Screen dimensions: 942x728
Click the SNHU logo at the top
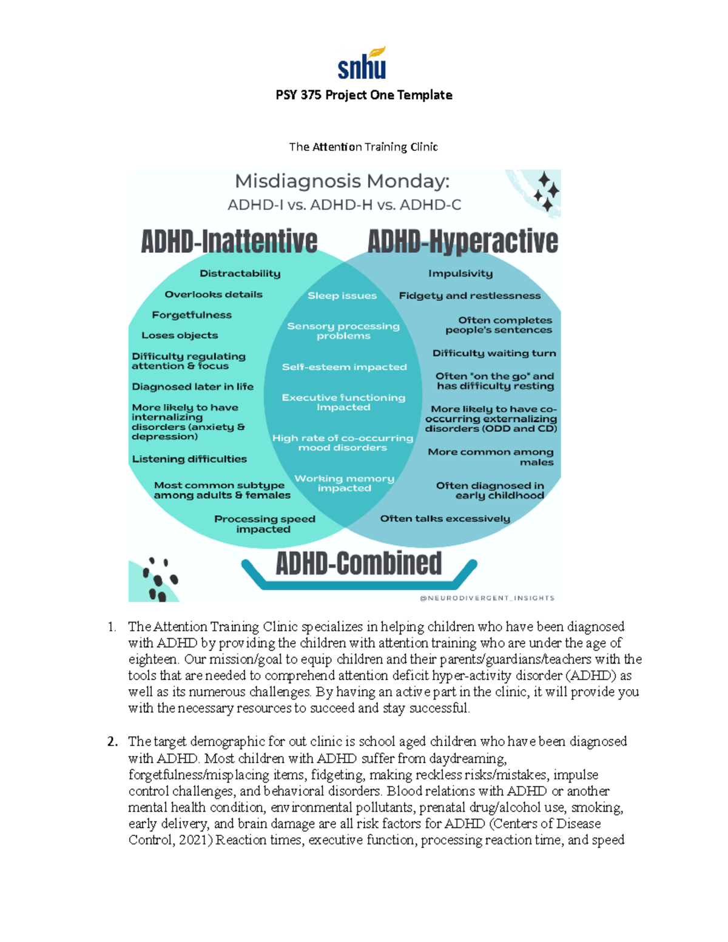[362, 64]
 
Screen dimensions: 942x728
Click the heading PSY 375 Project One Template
[364, 95]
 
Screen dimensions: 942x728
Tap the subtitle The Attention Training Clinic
[363, 147]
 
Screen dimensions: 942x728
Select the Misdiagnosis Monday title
[342, 181]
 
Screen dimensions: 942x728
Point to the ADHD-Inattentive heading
[229, 241]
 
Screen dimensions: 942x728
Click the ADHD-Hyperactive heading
[463, 241]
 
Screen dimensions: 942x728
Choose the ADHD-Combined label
[359, 564]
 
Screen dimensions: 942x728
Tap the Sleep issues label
[342, 296]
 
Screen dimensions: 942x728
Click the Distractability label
[240, 274]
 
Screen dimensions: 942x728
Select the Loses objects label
[180, 335]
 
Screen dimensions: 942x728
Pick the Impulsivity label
[460, 274]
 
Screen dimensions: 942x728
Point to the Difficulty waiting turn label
[494, 353]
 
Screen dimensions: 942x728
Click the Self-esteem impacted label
[344, 367]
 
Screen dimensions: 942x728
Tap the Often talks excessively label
[445, 519]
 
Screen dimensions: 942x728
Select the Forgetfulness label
[192, 315]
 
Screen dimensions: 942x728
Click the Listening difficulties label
[189, 459]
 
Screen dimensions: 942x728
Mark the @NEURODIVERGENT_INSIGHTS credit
[487, 598]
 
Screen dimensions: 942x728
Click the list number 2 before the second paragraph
[112, 742]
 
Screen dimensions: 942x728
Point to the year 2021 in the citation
[194, 840]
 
